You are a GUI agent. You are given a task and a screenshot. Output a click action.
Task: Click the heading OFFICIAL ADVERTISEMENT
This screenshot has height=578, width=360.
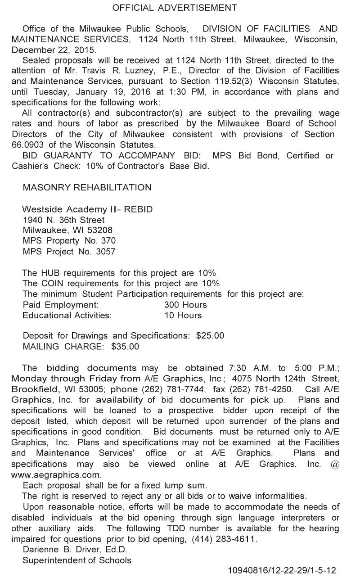coord(174,8)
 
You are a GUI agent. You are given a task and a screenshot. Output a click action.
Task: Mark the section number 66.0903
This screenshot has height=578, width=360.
coord(27,145)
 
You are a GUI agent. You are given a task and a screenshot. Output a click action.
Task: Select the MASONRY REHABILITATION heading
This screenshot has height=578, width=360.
coord(87,187)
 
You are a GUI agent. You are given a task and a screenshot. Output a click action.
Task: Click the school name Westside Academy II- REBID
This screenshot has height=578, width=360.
coord(87,209)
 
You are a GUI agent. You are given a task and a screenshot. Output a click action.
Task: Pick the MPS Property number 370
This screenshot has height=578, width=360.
coord(108,241)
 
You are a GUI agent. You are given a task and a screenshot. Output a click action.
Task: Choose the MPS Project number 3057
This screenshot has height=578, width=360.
coord(106,252)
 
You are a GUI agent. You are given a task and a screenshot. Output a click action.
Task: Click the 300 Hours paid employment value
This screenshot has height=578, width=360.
coord(185,305)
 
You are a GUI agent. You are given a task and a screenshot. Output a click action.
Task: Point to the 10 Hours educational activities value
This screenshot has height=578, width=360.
coord(183,315)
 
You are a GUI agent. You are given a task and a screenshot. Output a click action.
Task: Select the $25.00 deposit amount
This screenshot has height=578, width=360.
coord(210,336)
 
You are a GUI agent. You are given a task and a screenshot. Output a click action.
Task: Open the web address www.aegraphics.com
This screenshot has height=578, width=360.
coord(56,475)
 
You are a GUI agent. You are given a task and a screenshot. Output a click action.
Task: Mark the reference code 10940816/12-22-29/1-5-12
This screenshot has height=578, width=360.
coord(282,570)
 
